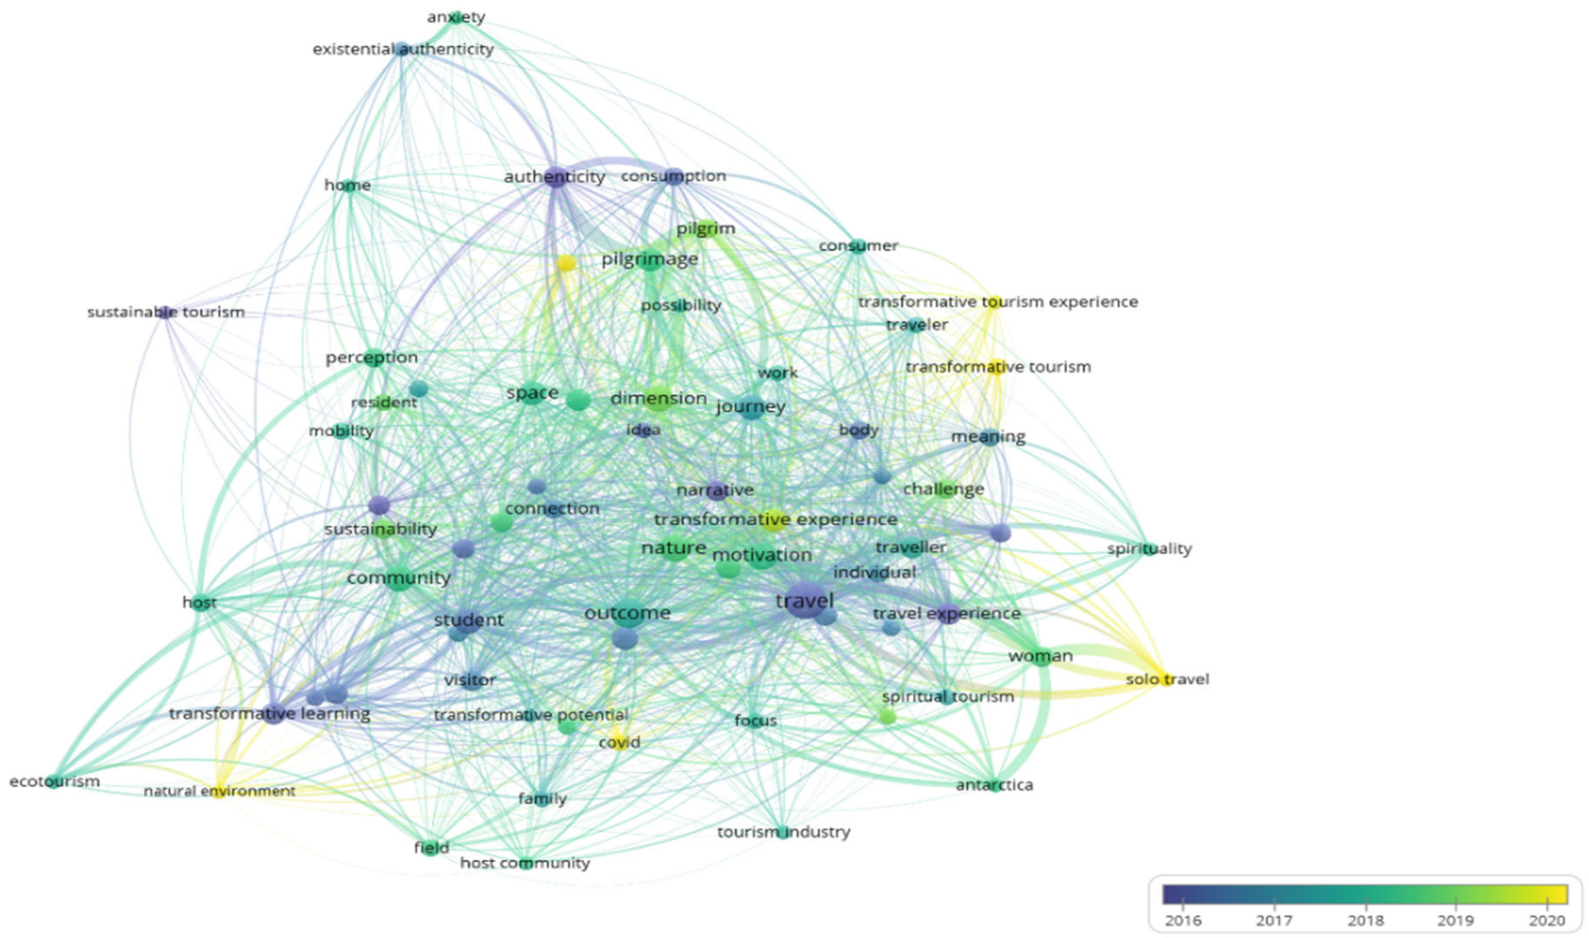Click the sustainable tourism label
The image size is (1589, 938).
(166, 312)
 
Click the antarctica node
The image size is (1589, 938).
(995, 785)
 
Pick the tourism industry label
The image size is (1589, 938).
(783, 832)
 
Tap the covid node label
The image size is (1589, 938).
(619, 743)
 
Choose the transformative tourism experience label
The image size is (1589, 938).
(997, 302)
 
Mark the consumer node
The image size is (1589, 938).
(858, 246)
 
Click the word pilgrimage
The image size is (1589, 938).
(649, 259)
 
